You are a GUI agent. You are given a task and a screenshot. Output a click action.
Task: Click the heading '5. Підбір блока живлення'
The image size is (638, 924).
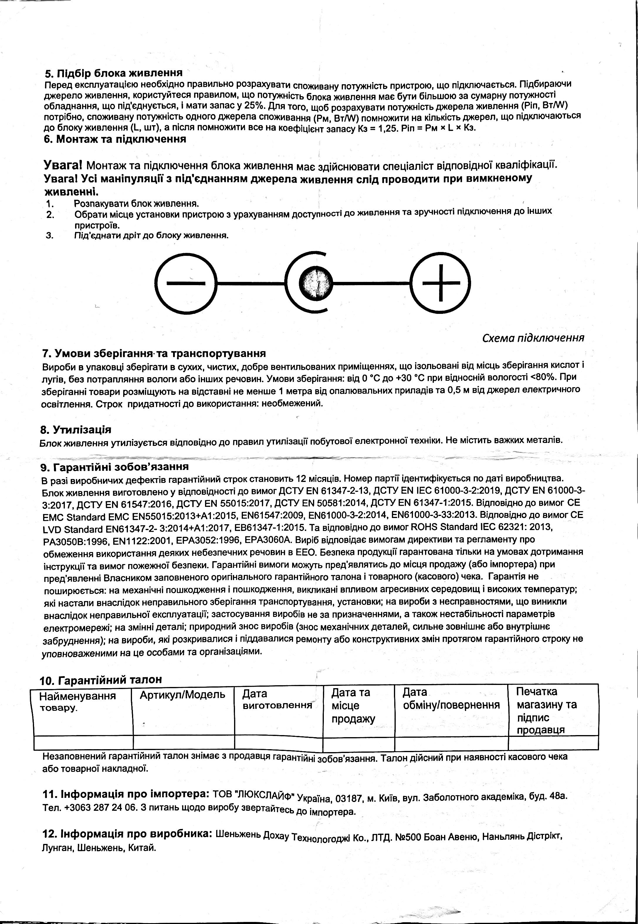pos(114,73)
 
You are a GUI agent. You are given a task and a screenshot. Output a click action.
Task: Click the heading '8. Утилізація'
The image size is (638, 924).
pos(76,430)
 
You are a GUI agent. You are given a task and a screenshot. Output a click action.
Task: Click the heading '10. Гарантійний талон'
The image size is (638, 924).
pos(101,679)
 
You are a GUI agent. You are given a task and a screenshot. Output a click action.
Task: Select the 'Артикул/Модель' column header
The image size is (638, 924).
pos(182,695)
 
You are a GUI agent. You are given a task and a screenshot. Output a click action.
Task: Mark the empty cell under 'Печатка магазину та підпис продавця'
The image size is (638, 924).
pos(553,742)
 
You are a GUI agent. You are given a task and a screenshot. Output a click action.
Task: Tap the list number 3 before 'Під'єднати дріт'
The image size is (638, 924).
pos(50,235)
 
